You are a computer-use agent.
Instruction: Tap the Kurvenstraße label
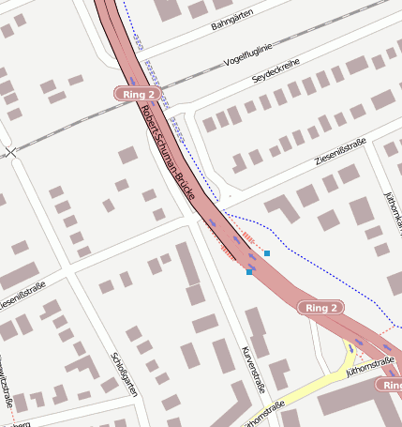click(254, 368)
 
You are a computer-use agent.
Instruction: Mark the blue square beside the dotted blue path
click(267, 253)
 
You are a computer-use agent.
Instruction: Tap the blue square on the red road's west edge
click(249, 272)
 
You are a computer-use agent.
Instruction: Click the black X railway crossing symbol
click(10, 152)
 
